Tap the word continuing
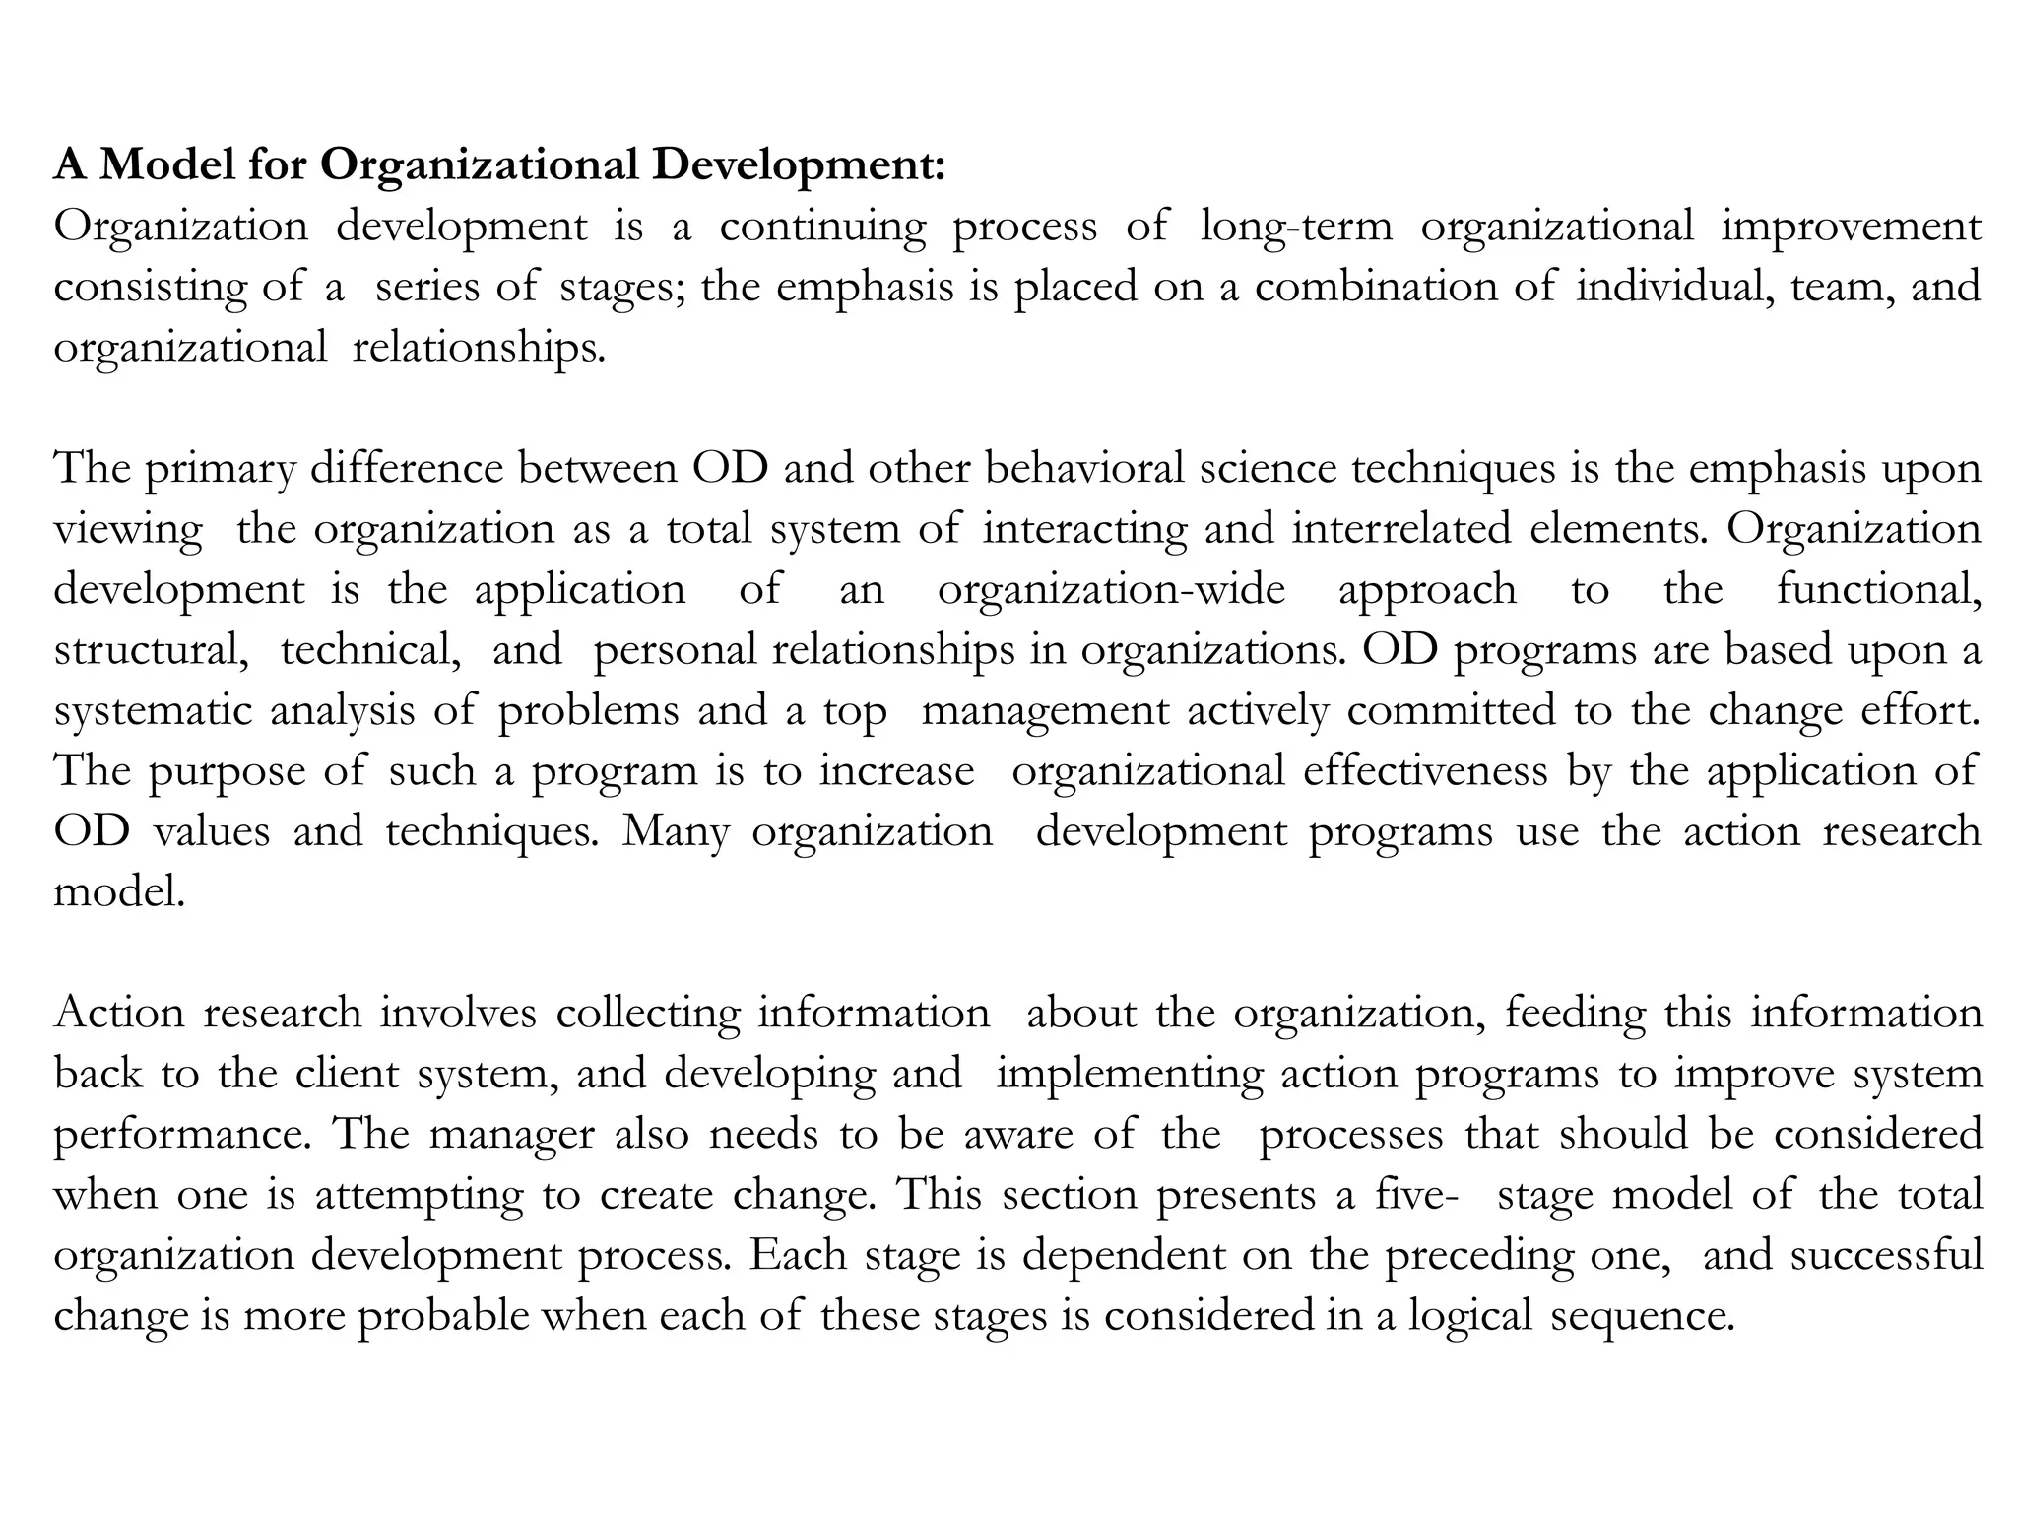tap(822, 227)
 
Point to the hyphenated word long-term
tap(1296, 227)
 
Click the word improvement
tap(1851, 227)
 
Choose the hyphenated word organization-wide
tap(1111, 589)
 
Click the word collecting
tap(647, 1014)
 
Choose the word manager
tap(511, 1135)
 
